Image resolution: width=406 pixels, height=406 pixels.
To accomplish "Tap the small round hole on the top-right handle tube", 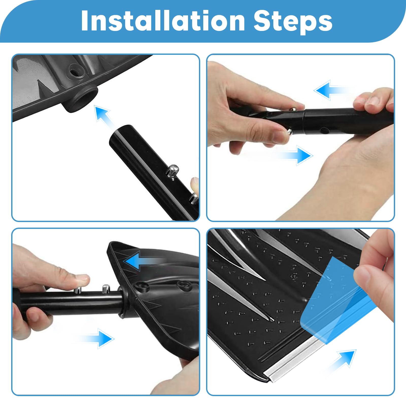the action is click(324, 131).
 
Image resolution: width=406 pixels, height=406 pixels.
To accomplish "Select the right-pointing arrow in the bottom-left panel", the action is click(94, 338).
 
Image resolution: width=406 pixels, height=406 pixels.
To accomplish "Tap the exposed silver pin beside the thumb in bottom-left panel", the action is click(106, 289).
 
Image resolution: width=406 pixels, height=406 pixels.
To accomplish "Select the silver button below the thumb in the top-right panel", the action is click(289, 132).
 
